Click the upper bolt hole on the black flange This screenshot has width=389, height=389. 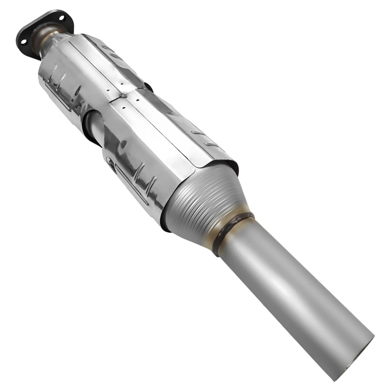(x=62, y=18)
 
